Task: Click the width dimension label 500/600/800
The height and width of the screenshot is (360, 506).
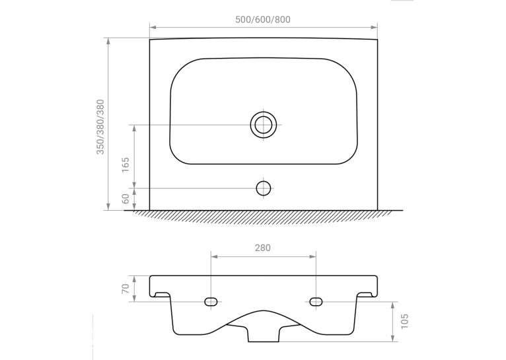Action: tap(263, 20)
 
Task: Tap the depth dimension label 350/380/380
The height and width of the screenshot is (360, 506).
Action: tap(100, 127)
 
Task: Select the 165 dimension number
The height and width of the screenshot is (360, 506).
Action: tap(126, 164)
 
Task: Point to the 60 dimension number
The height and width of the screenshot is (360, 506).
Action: tap(126, 199)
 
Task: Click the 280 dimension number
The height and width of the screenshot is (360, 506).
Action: tap(263, 248)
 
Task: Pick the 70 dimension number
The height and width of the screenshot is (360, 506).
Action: tap(126, 289)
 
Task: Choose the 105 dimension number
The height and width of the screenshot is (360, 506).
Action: tap(404, 321)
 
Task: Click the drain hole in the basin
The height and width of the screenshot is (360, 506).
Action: tap(264, 125)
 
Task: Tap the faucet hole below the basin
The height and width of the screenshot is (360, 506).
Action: tap(264, 188)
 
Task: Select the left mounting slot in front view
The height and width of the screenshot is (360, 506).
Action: tap(211, 302)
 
